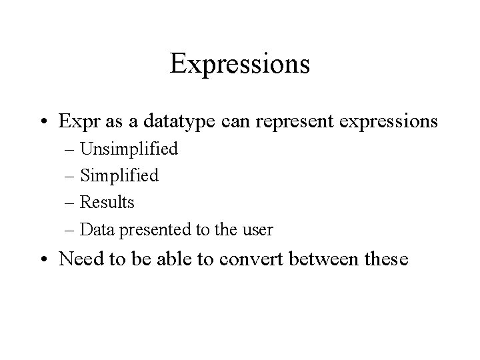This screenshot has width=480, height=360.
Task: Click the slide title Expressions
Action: [239, 64]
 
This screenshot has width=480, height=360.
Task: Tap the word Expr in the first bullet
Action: [77, 123]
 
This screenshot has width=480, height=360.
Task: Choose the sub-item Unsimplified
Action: [129, 149]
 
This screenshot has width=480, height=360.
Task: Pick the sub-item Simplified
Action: [119, 176]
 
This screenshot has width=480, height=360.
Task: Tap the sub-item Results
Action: [107, 202]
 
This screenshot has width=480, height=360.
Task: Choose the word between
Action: [327, 258]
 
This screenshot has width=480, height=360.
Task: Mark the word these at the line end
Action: [385, 258]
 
